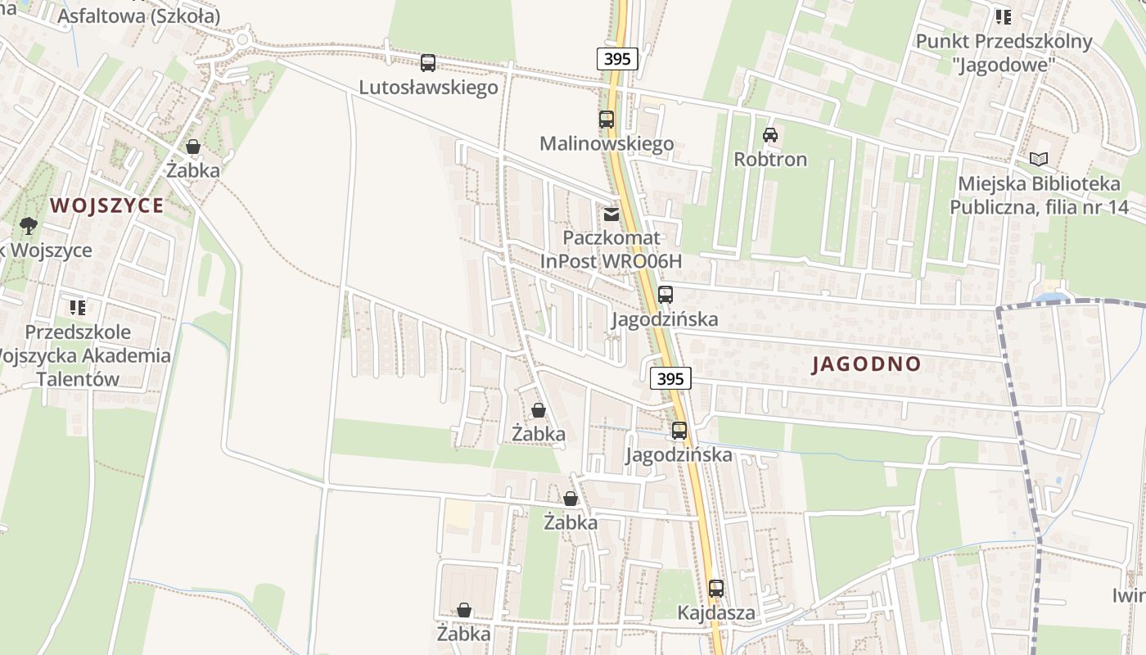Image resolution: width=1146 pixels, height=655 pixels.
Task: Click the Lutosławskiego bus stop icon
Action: [428, 63]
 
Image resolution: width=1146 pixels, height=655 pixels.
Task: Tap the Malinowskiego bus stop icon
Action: [606, 120]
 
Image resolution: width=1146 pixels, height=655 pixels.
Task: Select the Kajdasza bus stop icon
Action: [716, 588]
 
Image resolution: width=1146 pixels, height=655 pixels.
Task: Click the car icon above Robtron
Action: [770, 135]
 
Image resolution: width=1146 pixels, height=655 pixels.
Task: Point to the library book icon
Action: [1039, 159]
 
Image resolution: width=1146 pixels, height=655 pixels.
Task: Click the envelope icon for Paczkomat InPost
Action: [611, 215]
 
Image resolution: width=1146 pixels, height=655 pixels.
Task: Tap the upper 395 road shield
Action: [616, 59]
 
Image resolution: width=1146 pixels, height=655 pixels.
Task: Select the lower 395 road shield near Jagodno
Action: [670, 378]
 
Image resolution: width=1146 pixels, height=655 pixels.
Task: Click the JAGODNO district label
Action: [867, 364]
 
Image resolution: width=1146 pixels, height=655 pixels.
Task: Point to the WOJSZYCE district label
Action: [107, 206]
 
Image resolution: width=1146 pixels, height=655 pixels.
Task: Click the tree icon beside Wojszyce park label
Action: [29, 226]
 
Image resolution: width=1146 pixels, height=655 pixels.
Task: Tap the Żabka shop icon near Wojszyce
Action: [193, 147]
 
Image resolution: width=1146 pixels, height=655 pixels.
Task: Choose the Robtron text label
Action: [770, 159]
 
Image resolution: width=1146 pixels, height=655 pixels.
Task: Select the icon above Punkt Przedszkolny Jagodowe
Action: [1004, 16]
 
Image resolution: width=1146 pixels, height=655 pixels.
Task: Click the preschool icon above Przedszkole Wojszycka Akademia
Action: [78, 308]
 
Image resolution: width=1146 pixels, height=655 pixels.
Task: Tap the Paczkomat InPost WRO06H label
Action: [611, 249]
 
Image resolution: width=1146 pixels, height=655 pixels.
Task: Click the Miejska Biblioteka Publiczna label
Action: [1039, 195]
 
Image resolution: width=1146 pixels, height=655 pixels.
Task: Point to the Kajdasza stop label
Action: [716, 612]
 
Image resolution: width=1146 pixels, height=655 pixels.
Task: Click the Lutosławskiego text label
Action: [428, 87]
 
